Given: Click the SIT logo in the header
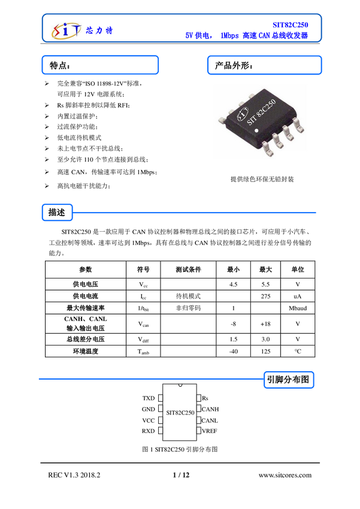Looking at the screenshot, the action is tap(66, 31).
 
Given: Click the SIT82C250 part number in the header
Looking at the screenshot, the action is tap(290, 25).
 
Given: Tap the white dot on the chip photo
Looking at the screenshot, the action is tap(256, 131).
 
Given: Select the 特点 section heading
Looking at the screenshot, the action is tap(60, 66).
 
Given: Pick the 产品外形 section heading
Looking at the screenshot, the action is tap(234, 66).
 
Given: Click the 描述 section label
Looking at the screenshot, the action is tap(57, 213).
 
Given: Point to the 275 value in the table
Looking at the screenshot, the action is tap(265, 296).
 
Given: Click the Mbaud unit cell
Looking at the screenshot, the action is tap(298, 308).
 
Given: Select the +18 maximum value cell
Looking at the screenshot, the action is tap(265, 323).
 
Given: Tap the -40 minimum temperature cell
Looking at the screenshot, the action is tap(234, 352).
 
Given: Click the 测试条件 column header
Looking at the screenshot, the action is tap(188, 269).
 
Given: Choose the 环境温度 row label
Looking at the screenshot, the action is tap(86, 352).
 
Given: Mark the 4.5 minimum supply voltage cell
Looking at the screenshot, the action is tap(234, 284).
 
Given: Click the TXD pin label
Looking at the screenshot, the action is tap(149, 398).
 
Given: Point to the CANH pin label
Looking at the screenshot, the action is tap(210, 410).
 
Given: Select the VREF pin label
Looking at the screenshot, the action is tap(210, 431).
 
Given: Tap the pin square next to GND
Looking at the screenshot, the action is tap(161, 409).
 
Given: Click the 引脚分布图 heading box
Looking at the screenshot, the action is tap(289, 380).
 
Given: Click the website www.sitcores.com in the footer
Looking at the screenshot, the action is tap(285, 475).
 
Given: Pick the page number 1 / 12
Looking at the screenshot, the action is tap(181, 475).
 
